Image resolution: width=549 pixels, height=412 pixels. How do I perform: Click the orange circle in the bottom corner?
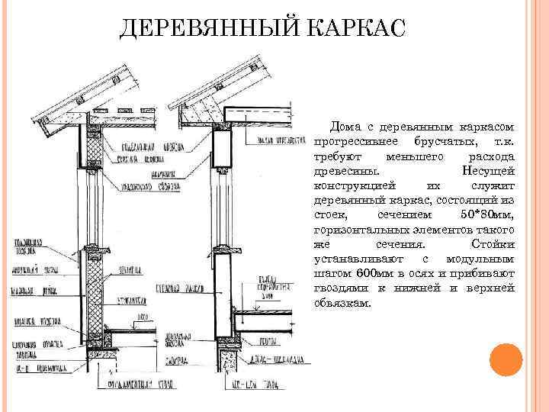click(506, 359)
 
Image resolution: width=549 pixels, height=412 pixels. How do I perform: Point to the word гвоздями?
click(338, 288)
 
